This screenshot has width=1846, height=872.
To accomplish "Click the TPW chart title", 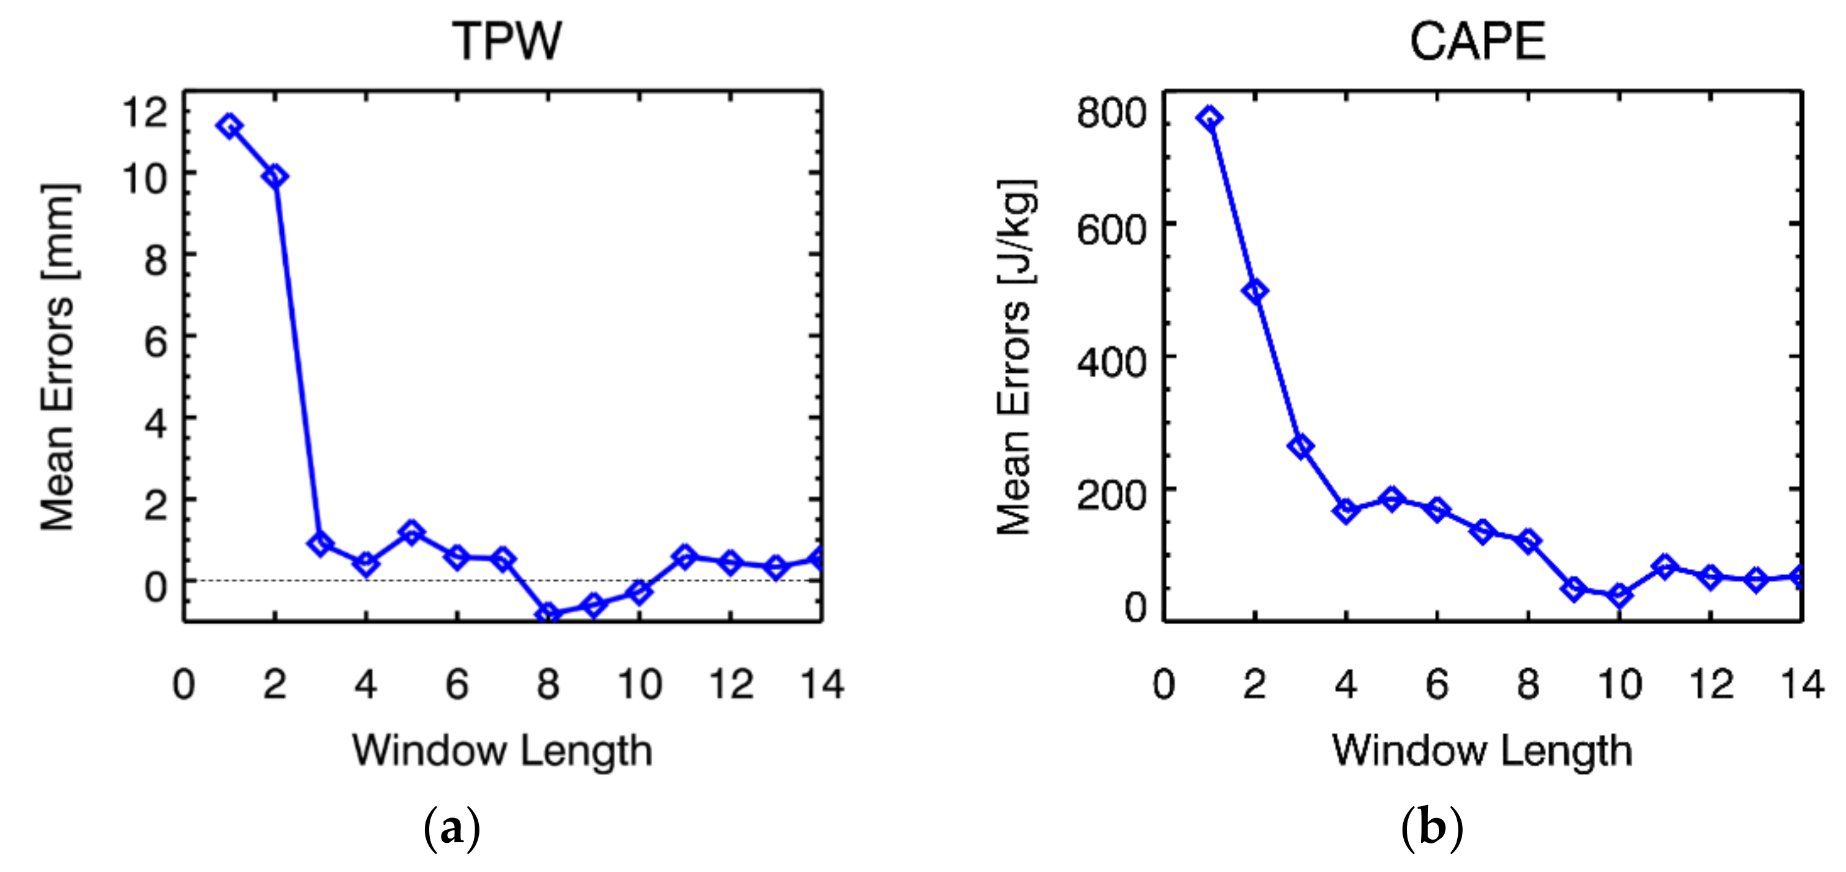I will [507, 42].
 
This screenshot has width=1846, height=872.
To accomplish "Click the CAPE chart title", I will [1477, 42].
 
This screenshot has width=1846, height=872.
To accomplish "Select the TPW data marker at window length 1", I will [229, 126].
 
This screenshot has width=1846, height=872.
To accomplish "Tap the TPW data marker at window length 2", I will [275, 176].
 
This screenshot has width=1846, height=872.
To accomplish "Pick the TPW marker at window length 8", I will [549, 614].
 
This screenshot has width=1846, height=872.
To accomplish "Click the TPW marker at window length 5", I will [411, 532].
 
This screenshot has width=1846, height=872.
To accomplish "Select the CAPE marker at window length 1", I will [1209, 118].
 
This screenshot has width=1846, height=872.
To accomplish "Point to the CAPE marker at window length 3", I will [1301, 447].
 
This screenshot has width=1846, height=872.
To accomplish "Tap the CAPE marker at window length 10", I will [1619, 595].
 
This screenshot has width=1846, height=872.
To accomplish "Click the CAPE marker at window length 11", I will [1665, 567].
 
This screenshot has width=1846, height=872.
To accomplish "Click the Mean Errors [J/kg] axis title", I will [1015, 357].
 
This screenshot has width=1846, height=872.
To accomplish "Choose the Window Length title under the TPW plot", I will [502, 751].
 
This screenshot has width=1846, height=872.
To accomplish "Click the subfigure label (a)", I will [452, 830].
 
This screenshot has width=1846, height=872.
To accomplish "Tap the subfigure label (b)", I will [1432, 830].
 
